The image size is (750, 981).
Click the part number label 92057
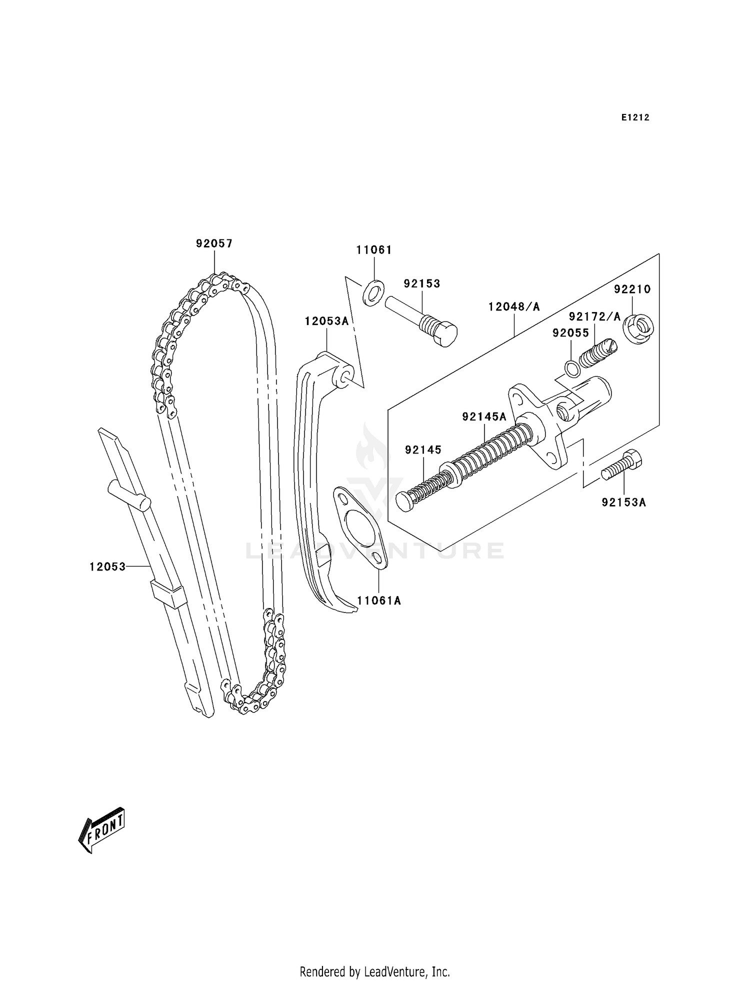214,243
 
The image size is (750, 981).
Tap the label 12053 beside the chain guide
107,566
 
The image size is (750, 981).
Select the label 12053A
326,321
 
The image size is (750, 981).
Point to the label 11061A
379,600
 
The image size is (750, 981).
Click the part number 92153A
623,502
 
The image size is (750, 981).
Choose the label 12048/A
514,306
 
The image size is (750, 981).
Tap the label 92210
632,289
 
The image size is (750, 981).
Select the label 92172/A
594,316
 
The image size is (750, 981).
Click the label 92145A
484,416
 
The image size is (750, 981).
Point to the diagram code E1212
635,117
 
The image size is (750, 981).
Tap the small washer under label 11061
373,293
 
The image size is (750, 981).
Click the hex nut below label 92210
638,329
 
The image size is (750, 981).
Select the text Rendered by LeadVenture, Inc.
374,971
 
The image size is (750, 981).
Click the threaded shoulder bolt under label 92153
421,320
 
